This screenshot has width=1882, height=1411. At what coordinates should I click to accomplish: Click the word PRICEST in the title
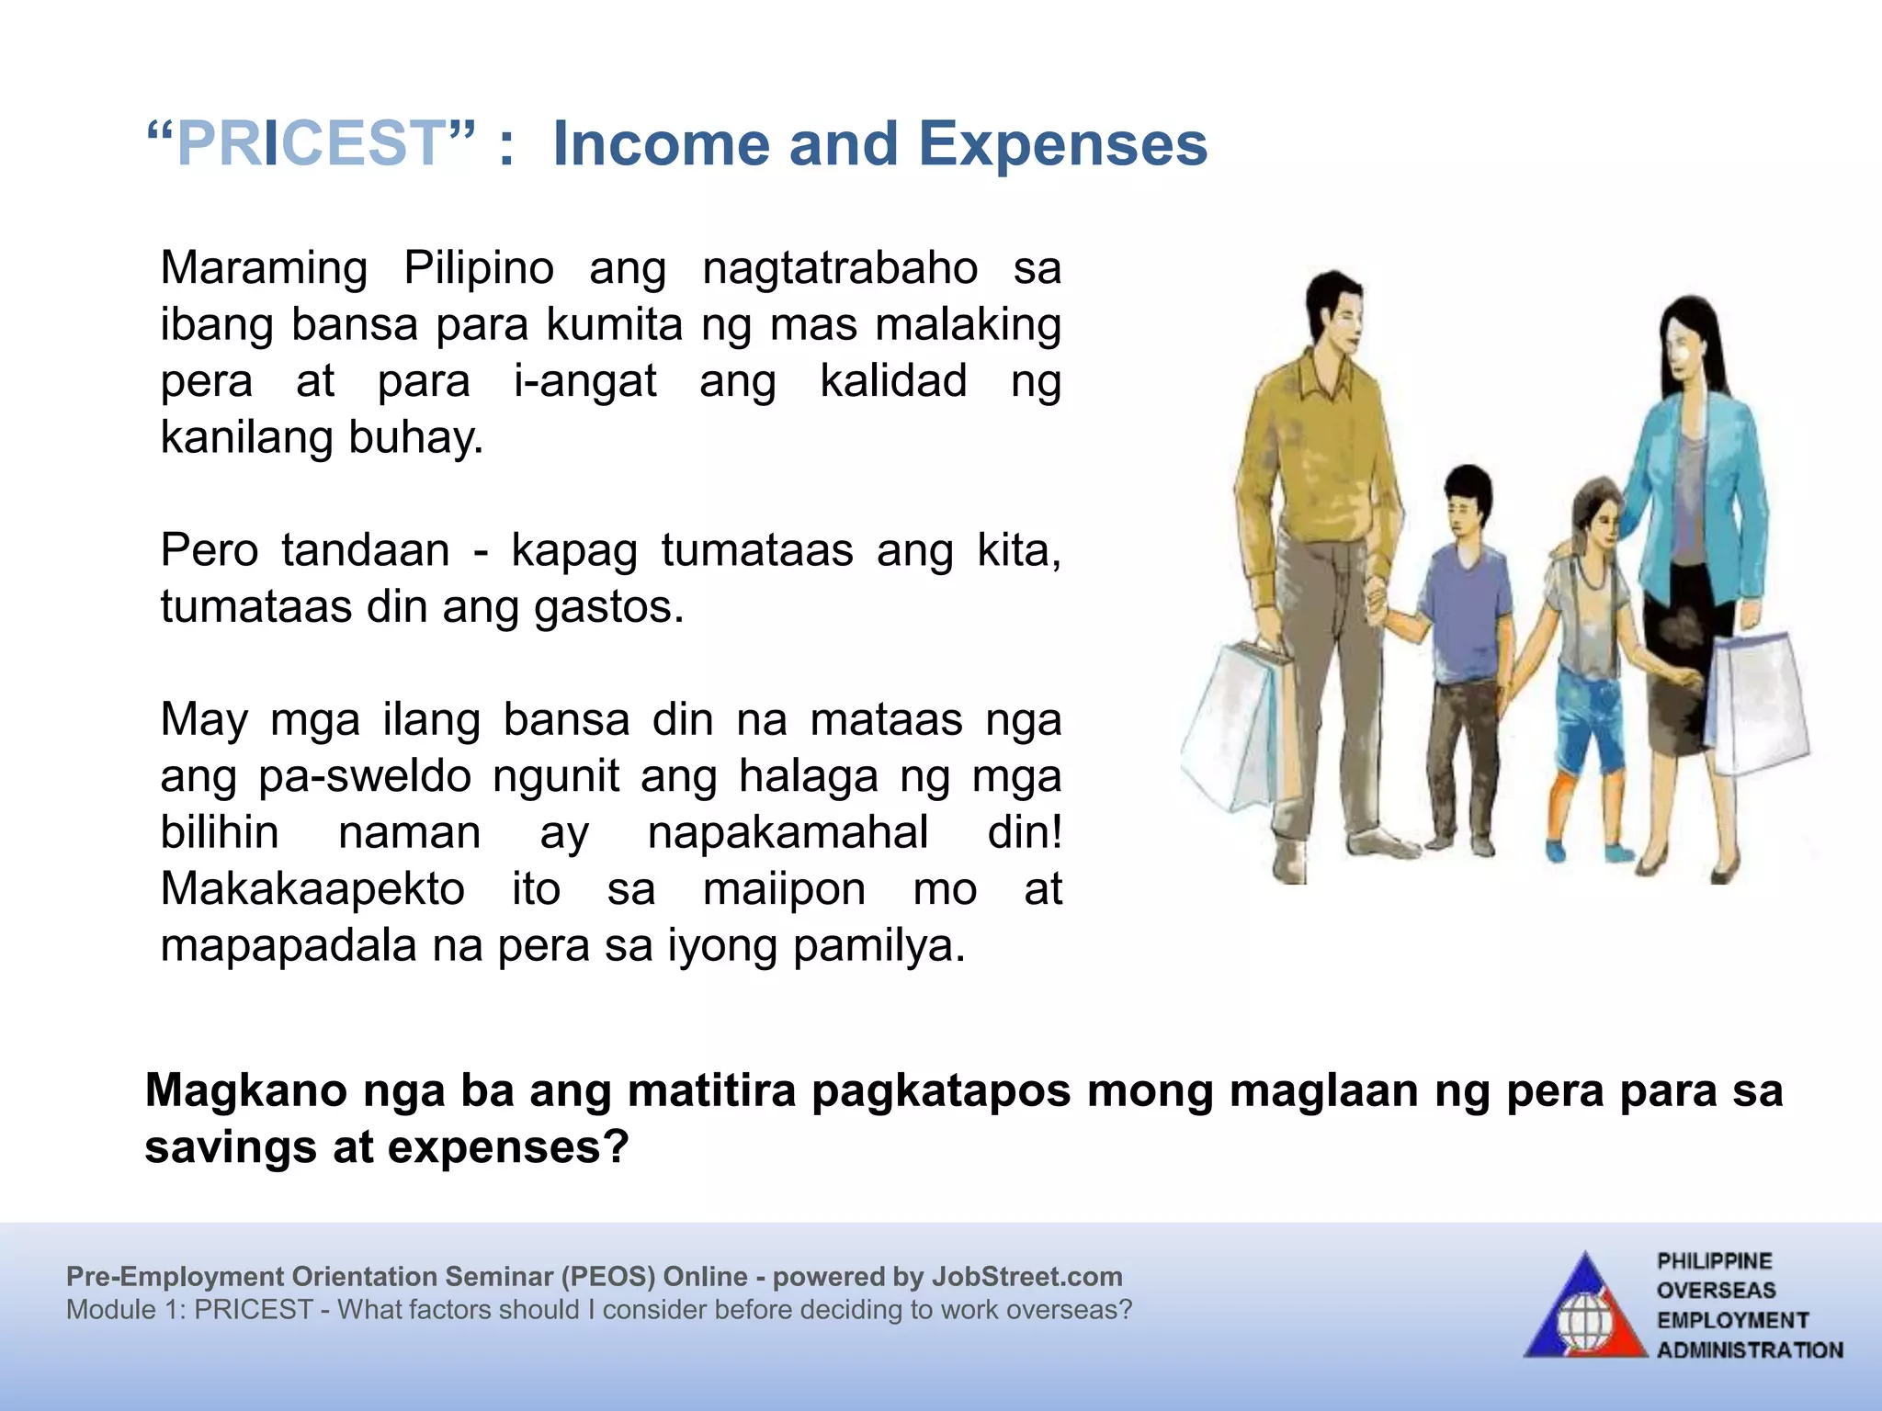click(311, 144)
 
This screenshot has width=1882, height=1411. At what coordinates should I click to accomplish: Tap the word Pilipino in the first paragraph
click(479, 268)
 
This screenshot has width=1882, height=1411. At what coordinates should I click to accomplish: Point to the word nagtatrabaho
click(840, 268)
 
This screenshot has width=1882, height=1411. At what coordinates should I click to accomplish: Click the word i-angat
click(585, 381)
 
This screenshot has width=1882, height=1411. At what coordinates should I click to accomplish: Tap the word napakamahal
click(788, 833)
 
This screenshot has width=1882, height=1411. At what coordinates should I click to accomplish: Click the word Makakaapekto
click(312, 889)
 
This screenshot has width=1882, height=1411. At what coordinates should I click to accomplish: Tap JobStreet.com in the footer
click(1026, 1277)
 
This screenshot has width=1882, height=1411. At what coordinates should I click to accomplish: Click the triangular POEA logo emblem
click(1585, 1309)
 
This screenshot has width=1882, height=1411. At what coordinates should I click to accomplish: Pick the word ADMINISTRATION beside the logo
click(1750, 1350)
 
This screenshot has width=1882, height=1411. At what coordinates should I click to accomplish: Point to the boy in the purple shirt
click(1466, 606)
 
